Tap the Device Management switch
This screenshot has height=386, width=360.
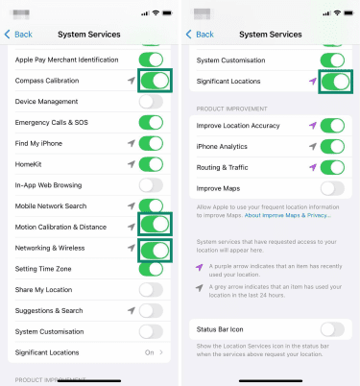(152, 101)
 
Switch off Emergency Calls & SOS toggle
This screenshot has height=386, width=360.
(152, 122)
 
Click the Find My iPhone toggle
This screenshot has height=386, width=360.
(152, 143)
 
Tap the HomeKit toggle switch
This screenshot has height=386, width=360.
(152, 164)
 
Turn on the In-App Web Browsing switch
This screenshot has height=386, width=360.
(152, 184)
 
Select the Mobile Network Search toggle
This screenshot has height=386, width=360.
(152, 205)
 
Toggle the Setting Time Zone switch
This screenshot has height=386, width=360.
(152, 269)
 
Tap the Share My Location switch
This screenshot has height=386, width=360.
(152, 289)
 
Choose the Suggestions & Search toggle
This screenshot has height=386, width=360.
(152, 310)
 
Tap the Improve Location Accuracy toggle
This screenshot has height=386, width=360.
(332, 126)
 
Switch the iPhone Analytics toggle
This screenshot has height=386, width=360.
(332, 147)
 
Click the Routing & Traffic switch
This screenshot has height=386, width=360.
(332, 168)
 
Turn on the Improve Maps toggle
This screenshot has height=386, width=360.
(332, 189)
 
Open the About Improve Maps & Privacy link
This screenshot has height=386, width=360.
(287, 215)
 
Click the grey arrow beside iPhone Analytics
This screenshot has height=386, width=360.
(312, 147)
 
